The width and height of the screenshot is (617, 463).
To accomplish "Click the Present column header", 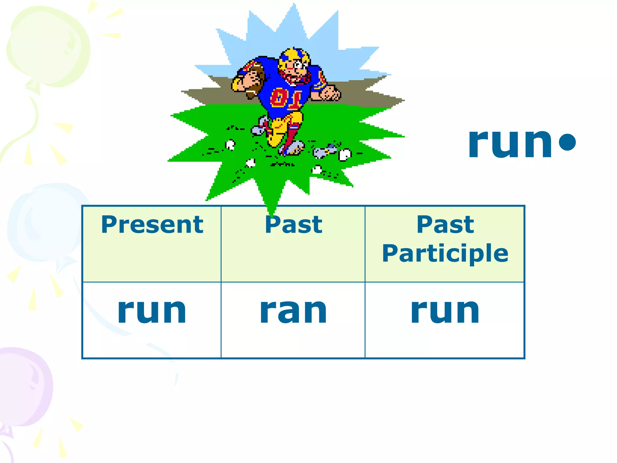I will pyautogui.click(x=152, y=225).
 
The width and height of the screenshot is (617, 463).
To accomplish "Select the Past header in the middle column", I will pyautogui.click(x=293, y=225).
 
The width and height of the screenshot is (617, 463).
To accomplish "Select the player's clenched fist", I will pyautogui.click(x=330, y=93).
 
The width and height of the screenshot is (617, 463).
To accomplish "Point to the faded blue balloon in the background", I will pyautogui.click(x=45, y=223).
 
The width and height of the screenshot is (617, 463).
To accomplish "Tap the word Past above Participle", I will pyautogui.click(x=445, y=225).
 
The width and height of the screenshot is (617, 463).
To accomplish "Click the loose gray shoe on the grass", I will pyautogui.click(x=324, y=151).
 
